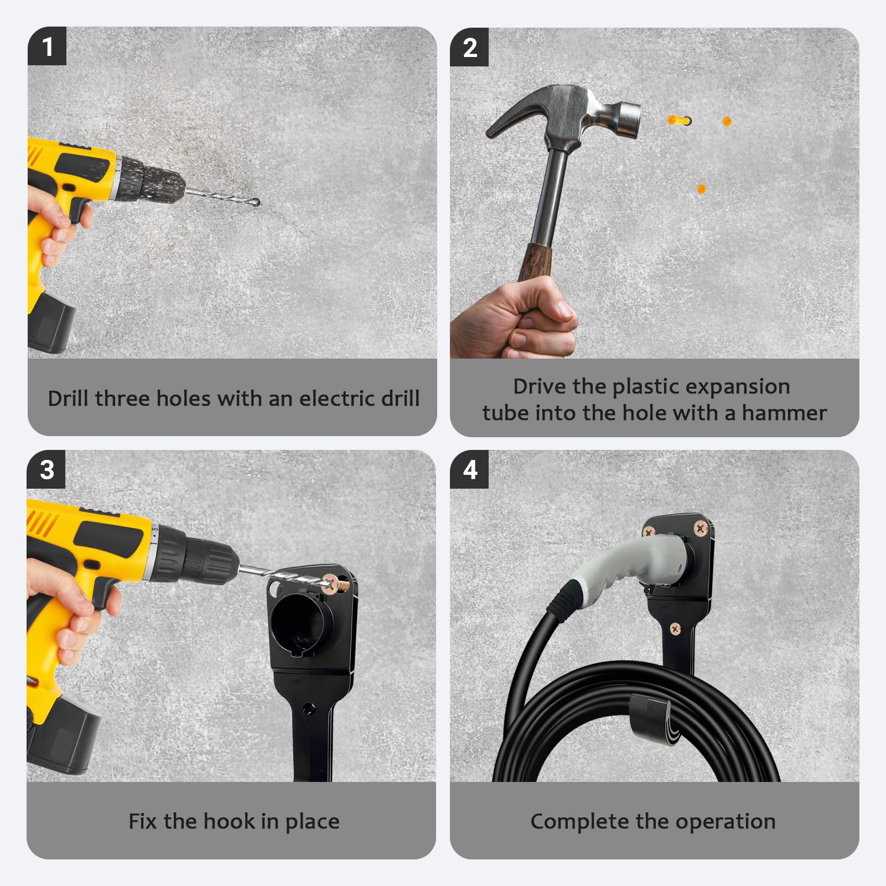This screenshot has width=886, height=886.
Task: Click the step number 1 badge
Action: [47, 46]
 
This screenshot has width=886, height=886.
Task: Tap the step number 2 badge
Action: [469, 47]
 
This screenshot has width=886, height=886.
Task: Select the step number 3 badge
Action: [46, 469]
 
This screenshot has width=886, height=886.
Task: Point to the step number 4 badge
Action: [469, 469]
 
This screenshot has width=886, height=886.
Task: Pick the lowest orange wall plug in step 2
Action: [701, 189]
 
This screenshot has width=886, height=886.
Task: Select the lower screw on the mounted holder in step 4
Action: [675, 629]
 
